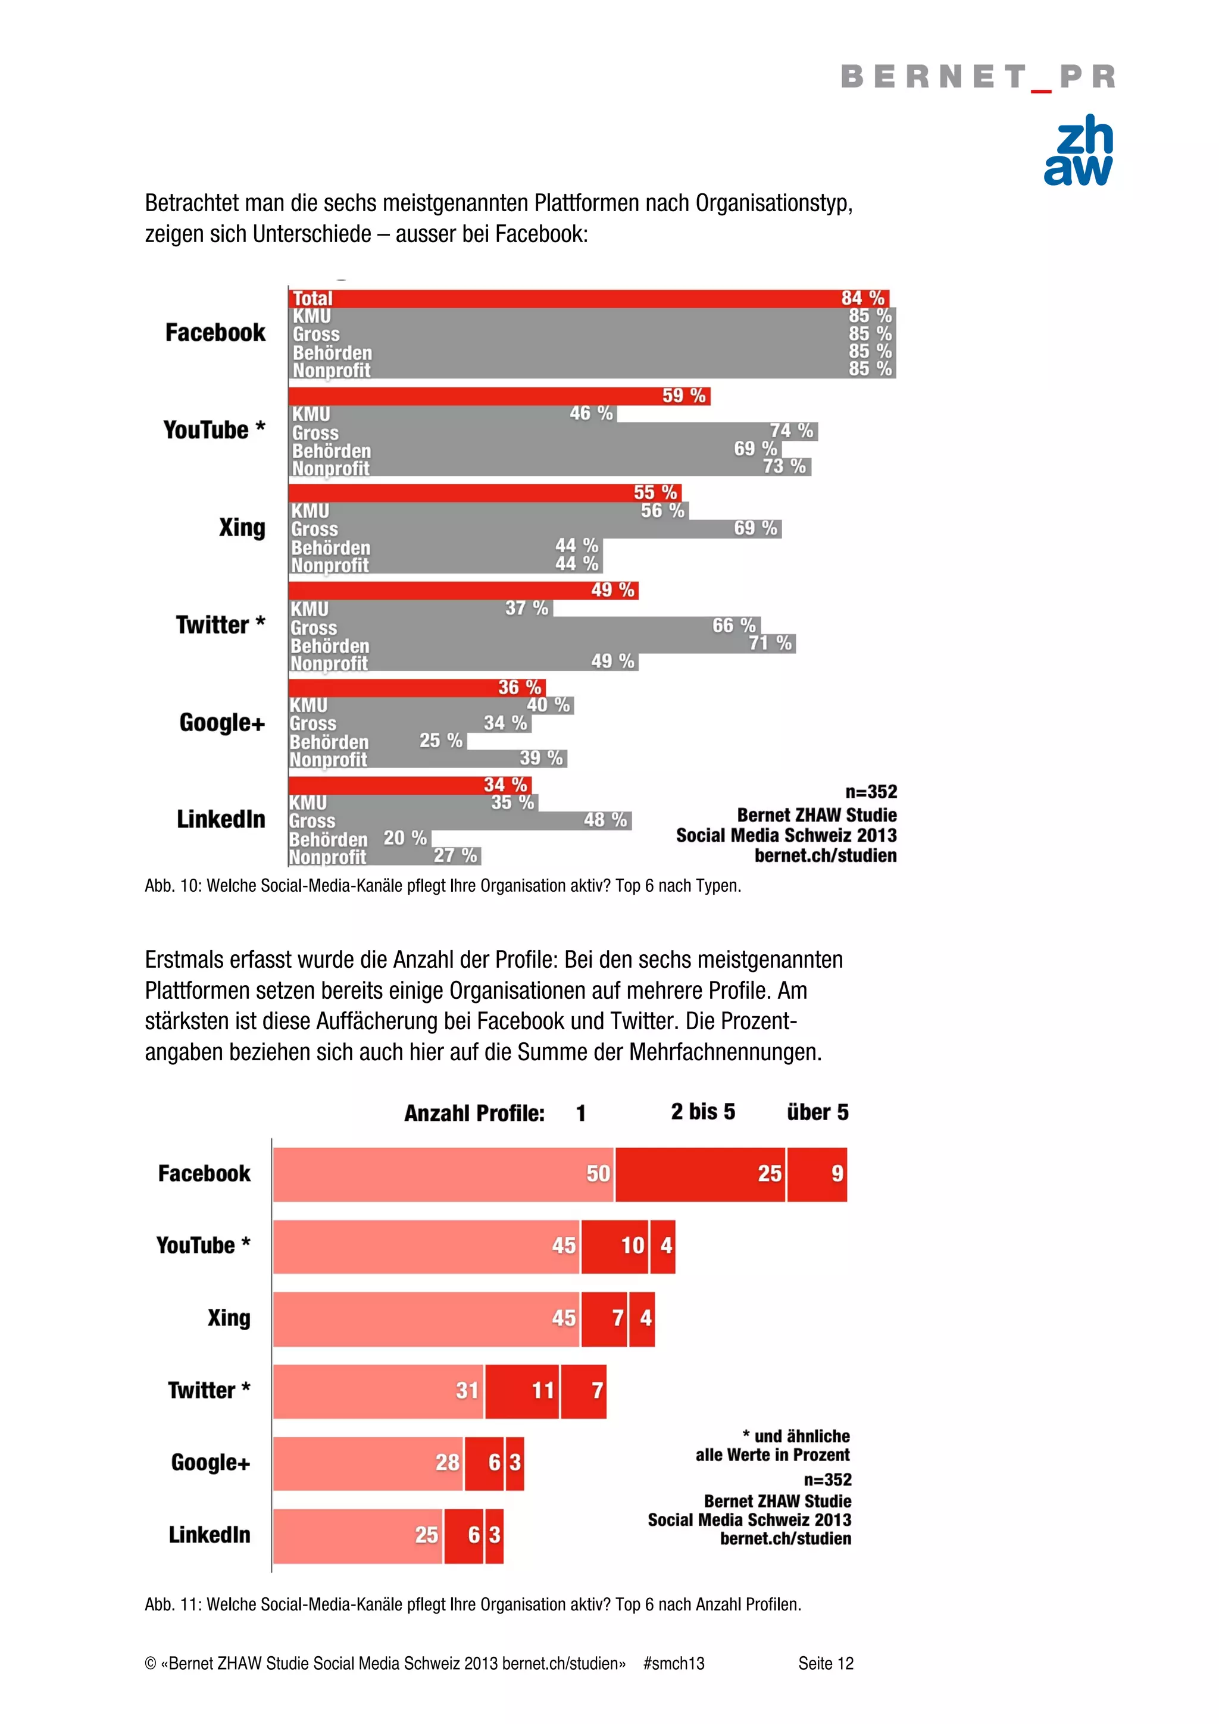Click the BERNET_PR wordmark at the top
977,77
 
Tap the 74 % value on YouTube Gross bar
791,431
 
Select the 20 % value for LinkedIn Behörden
405,838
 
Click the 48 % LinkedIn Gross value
605,820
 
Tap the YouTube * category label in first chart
214,430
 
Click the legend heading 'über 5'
817,1112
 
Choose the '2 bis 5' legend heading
702,1111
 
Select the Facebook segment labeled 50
443,1174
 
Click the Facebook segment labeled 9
817,1174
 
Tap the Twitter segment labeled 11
522,1391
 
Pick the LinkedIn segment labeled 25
358,1535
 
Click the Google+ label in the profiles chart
210,1463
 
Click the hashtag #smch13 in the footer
674,1663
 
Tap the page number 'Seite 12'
826,1663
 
